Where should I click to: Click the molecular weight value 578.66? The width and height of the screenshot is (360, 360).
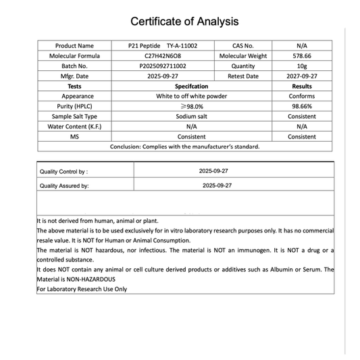(301, 56)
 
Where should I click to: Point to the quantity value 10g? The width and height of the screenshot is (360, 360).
(301, 66)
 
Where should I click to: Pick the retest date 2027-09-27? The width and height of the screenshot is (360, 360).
(301, 76)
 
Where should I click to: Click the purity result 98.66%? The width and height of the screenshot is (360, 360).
(301, 107)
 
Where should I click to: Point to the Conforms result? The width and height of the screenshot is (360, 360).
(301, 97)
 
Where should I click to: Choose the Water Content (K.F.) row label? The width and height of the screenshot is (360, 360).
(74, 126)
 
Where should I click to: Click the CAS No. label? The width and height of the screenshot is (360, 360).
(242, 46)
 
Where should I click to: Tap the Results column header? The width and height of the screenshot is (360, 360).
(301, 86)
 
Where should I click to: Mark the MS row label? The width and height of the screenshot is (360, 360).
(74, 136)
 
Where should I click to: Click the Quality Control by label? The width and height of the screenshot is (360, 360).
(63, 172)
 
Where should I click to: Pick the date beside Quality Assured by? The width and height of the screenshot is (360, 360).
(217, 184)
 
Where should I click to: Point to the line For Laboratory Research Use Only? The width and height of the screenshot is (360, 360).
(82, 289)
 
